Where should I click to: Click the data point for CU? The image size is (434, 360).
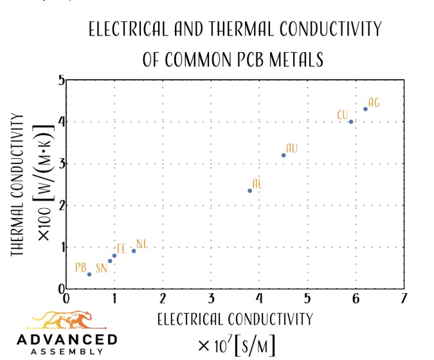pyautogui.click(x=351, y=122)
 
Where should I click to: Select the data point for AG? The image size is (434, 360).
pyautogui.click(x=365, y=109)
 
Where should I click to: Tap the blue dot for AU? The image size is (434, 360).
pyautogui.click(x=284, y=155)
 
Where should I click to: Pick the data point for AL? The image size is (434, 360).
pyautogui.click(x=249, y=190)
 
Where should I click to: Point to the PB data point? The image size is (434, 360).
pyautogui.click(x=89, y=274)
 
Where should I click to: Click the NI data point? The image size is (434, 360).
pyautogui.click(x=134, y=251)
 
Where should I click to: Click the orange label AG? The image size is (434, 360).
pyautogui.click(x=374, y=103)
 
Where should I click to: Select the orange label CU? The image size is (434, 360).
pyautogui.click(x=343, y=115)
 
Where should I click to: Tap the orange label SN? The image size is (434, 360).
pyautogui.click(x=102, y=268)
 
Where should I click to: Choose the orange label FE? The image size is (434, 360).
pyautogui.click(x=121, y=249)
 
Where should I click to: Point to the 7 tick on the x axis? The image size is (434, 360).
pyautogui.click(x=404, y=298)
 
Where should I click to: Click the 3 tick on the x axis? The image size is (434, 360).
pyautogui.click(x=211, y=298)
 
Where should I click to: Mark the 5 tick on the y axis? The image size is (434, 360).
pyautogui.click(x=61, y=80)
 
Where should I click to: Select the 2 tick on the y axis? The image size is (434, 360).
pyautogui.click(x=61, y=206)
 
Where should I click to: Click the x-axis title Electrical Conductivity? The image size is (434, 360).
pyautogui.click(x=235, y=319)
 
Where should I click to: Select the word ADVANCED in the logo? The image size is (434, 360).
pyautogui.click(x=67, y=339)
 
